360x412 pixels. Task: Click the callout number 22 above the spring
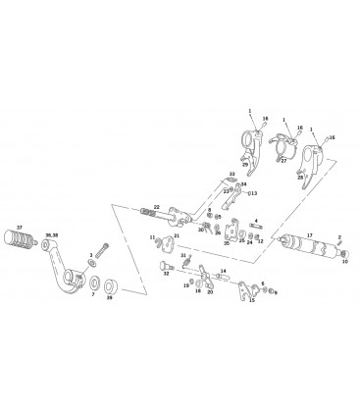coord(156,205)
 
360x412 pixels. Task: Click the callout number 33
coord(232,173)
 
